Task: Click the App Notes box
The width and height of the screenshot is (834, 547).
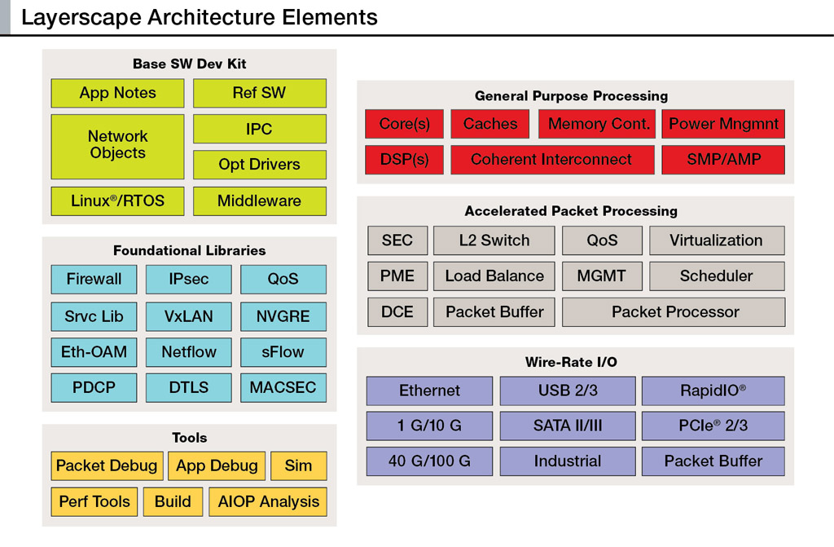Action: tap(117, 93)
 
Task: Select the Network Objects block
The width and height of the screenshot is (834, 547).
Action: tap(117, 147)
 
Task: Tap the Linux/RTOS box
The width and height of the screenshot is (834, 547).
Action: tap(117, 201)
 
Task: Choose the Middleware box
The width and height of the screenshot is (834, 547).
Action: tap(260, 201)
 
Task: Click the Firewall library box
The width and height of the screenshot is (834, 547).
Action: tap(94, 279)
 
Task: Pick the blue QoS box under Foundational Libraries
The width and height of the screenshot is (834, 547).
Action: tap(283, 279)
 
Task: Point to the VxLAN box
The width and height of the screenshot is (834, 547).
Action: tap(189, 316)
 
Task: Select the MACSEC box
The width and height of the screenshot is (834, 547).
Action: tap(283, 387)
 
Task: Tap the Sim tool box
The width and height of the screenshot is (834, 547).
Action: tap(298, 466)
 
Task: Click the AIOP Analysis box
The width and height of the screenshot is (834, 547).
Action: tap(268, 501)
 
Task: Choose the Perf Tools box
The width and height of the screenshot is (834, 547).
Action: tap(94, 501)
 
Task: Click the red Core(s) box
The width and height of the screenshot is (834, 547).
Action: tap(404, 124)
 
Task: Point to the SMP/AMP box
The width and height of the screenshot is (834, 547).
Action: tap(723, 160)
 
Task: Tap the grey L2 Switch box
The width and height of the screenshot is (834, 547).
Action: tap(494, 240)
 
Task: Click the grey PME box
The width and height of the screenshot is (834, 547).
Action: tap(397, 276)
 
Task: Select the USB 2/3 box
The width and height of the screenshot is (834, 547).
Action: tap(568, 391)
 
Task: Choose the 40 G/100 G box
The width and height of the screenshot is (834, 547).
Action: tap(429, 461)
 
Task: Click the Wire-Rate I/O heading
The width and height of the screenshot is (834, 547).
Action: tap(571, 362)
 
